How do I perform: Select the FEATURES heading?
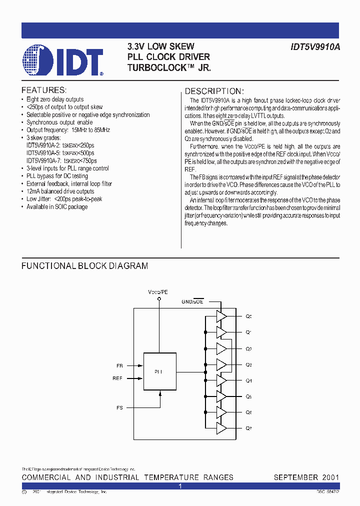coord(44,90)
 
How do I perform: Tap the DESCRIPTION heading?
coord(214,91)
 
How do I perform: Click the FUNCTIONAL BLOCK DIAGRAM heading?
coord(84,266)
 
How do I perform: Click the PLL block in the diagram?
coord(160,371)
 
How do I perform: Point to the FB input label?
coord(119,366)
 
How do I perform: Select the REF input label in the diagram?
coord(117,378)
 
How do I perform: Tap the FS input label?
coord(119,408)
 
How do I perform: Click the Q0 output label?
coord(249,316)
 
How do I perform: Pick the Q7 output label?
coord(249,428)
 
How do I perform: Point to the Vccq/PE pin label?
coord(158,291)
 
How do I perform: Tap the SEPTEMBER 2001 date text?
coord(306,477)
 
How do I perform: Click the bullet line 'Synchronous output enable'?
coord(59,122)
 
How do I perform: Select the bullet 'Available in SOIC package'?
coord(57,206)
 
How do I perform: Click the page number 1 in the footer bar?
coord(180,486)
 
